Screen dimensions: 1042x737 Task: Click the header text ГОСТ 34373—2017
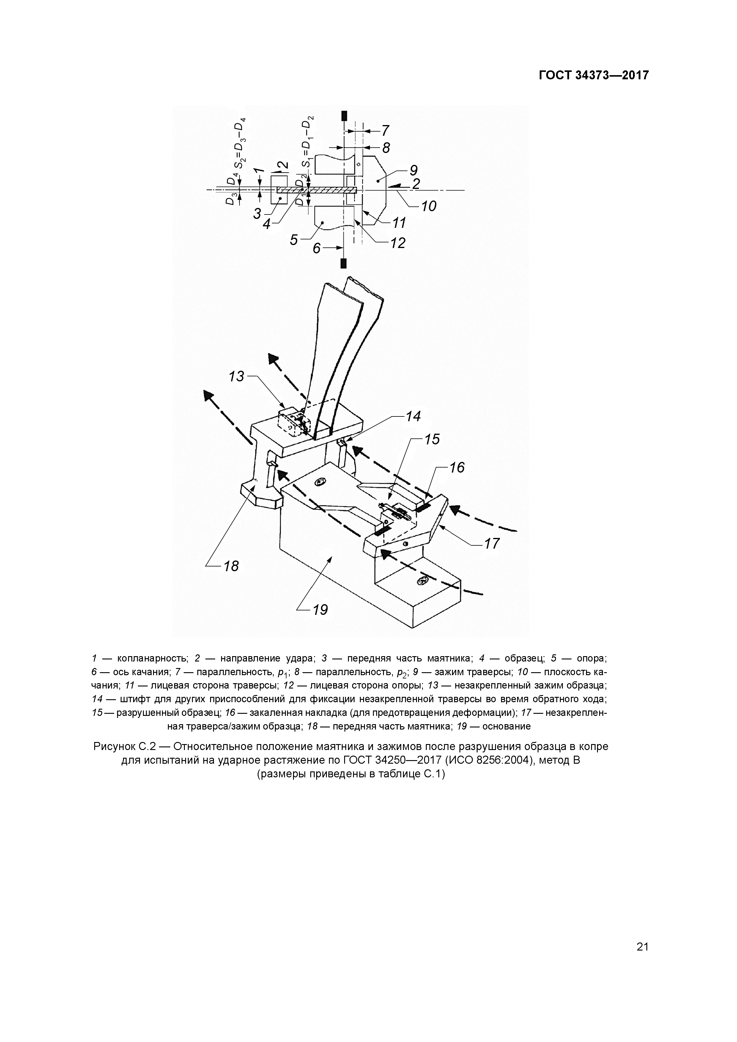click(x=593, y=75)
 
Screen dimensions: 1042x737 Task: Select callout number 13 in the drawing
click(x=237, y=376)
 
